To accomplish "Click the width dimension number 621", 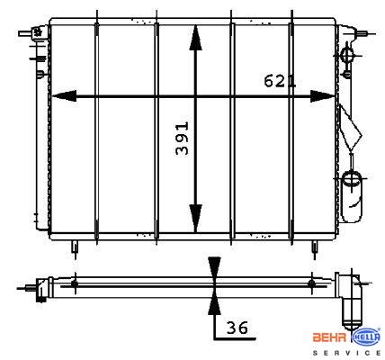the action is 280,81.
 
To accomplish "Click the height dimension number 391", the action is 183,138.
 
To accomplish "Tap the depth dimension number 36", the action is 237,328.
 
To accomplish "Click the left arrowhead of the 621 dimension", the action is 64,96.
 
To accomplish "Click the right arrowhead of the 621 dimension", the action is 322,96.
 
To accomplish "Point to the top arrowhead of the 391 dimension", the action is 195,38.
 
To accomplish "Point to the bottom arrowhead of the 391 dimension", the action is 195,219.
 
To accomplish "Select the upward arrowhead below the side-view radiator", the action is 214,303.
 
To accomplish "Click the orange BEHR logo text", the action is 329,337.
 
